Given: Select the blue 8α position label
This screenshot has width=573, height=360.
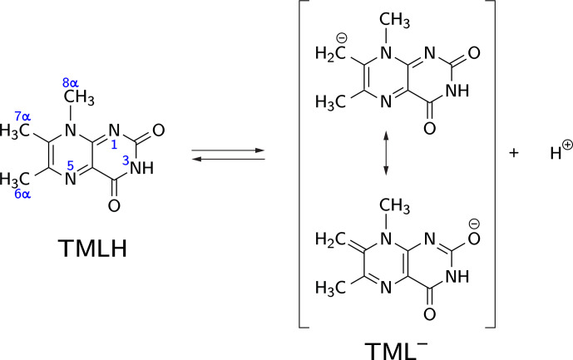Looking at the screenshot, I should click(x=71, y=81).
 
